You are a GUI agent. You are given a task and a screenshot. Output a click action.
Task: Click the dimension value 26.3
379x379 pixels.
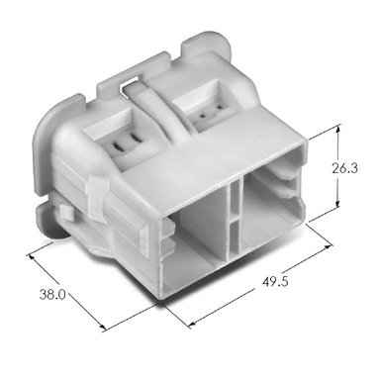[344, 168]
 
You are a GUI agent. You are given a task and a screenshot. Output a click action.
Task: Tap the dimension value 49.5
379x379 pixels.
[276, 282]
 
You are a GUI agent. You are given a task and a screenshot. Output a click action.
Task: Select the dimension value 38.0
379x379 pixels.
[52, 294]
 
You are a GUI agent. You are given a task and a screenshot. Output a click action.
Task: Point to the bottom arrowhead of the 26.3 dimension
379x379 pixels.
[337, 205]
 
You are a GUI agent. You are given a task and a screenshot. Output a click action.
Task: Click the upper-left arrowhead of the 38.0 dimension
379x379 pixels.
[32, 257]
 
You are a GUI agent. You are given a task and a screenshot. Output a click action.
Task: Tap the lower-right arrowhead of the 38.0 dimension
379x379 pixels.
[103, 327]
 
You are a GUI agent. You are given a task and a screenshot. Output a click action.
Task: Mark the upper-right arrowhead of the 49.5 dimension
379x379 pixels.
[328, 247]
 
